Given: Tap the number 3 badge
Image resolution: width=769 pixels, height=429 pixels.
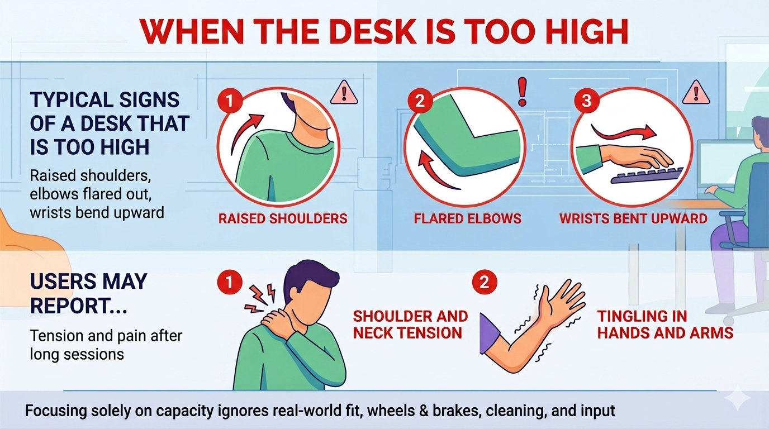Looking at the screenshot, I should (586, 101).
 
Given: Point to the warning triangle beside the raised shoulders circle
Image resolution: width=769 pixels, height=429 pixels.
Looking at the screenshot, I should (344, 93).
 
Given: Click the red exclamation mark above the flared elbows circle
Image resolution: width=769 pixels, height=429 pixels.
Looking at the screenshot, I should (523, 92).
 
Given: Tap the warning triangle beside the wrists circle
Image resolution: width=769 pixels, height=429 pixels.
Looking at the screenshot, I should (696, 93).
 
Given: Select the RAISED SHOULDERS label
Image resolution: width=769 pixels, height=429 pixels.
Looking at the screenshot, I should (283, 218).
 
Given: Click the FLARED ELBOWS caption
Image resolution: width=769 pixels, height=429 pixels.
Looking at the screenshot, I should (467, 218).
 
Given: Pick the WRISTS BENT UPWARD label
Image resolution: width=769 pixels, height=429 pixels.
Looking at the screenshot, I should (633, 218).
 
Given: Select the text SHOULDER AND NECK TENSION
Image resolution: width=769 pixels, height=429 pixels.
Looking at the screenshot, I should (410, 325).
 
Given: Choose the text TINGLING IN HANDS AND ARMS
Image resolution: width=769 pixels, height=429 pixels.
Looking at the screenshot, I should (664, 325).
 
